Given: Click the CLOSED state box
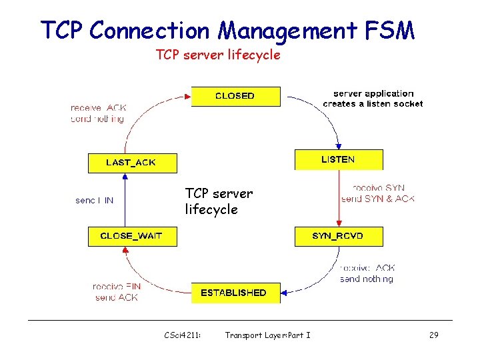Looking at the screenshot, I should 235,96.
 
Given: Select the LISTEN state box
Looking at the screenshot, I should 339,160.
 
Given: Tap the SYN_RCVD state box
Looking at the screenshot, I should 339,236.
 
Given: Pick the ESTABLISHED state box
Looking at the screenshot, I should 235,293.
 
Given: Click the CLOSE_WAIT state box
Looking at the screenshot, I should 132,236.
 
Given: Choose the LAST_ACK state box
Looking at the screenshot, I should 132,163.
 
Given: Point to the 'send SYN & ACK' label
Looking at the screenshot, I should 377,199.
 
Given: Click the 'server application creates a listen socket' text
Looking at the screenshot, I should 373,99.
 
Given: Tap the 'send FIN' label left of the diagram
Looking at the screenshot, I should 94,200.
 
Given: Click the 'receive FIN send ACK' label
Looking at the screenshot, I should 117,292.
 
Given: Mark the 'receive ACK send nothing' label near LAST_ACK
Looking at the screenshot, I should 97,113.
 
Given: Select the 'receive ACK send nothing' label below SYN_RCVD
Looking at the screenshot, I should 367,273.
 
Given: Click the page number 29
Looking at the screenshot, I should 433,335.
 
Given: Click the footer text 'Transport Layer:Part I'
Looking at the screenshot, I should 267,335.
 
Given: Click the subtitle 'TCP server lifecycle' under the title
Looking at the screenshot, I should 218,55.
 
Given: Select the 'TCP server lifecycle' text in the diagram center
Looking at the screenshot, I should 219,201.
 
